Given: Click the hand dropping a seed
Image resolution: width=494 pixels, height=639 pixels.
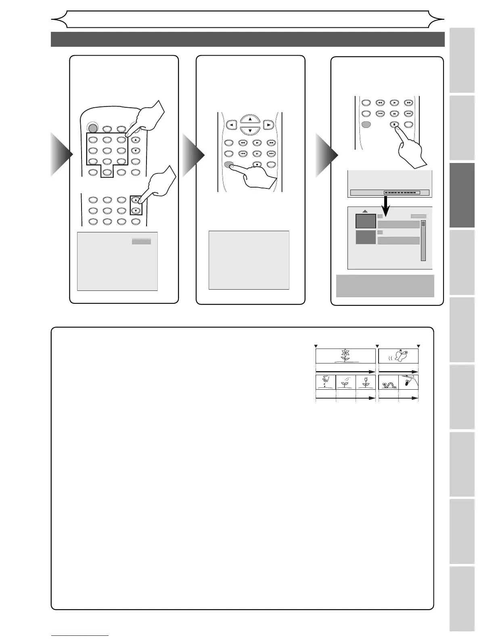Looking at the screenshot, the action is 325,381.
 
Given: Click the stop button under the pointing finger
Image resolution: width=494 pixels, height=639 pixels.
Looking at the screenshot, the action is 394,125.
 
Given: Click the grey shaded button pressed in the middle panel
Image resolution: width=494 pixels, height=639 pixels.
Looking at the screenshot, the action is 229,164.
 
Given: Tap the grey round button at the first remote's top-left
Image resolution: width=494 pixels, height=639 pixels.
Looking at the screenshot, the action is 92,129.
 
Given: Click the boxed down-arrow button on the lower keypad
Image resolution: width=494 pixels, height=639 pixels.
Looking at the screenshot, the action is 136,211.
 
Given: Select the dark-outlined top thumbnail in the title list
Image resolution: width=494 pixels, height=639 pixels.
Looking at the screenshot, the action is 365,221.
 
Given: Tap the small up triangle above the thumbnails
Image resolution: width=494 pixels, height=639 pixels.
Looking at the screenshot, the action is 365,211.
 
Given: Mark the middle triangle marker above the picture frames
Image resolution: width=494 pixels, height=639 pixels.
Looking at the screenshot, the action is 377,346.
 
